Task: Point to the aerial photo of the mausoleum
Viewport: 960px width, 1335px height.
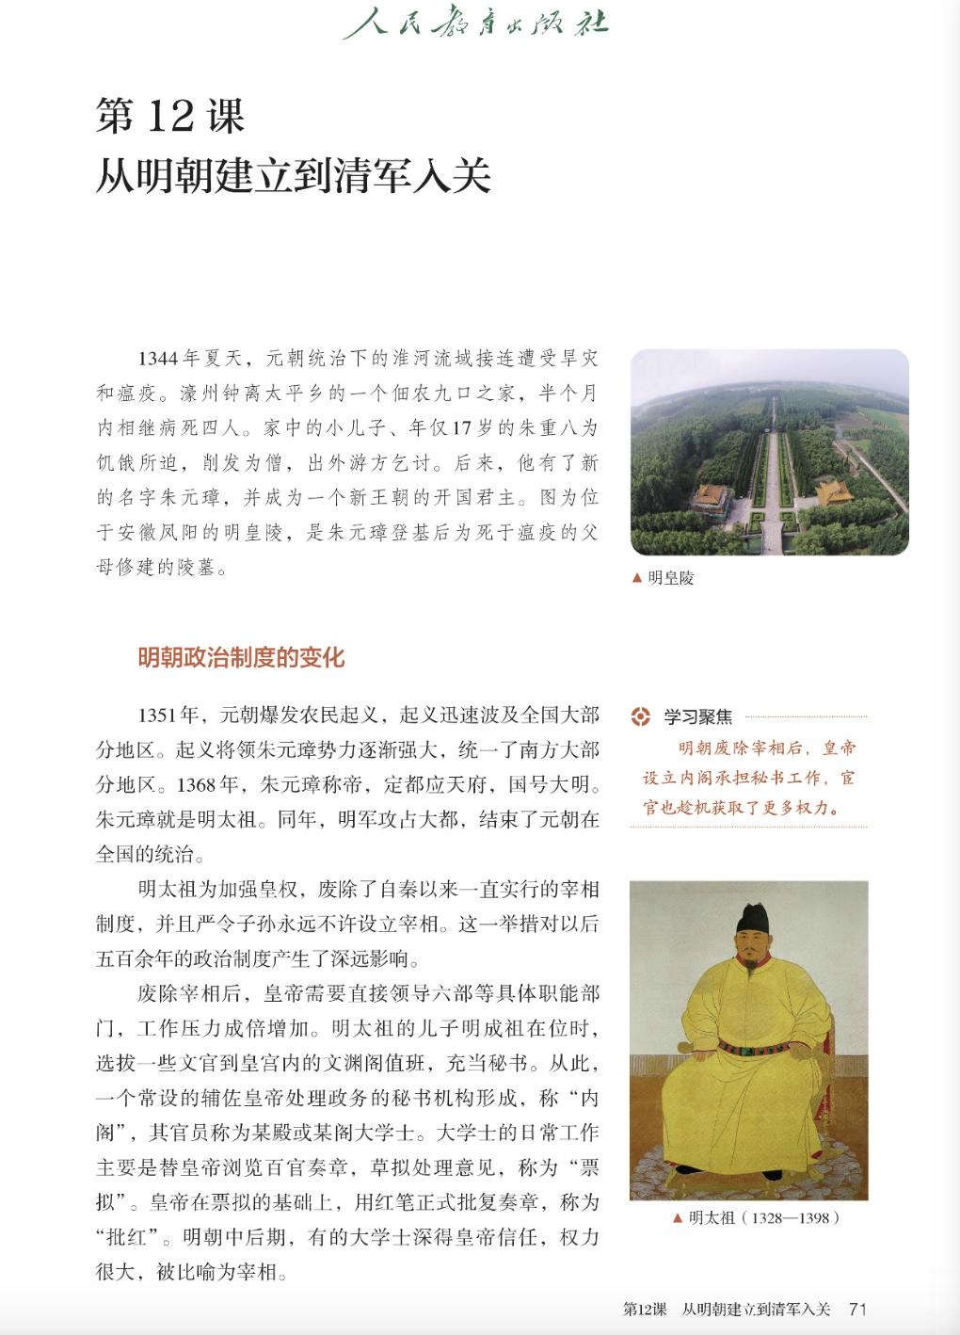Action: coord(769,452)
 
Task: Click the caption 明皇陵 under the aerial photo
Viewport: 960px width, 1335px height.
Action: coord(670,579)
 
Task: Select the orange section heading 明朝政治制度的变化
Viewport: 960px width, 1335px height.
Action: coord(241,657)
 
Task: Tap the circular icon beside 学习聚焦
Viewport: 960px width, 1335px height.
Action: coord(640,716)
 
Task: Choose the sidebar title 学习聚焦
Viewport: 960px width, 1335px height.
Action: coord(697,717)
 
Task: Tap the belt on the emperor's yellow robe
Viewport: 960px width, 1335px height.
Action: coord(753,1047)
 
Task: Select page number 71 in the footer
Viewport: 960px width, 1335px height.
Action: coord(856,1309)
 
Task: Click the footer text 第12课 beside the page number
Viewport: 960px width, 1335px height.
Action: coord(645,1309)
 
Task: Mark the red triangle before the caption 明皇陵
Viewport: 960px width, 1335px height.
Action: coord(637,579)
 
